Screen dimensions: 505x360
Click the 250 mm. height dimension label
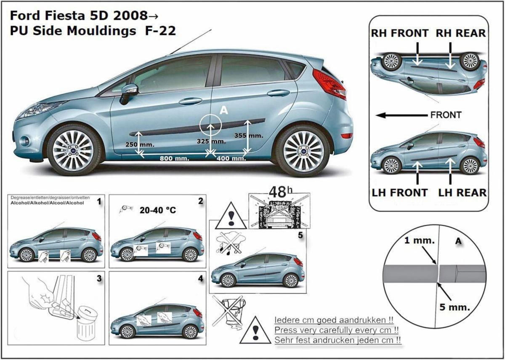[140, 144]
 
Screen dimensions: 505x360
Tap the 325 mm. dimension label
[211, 141]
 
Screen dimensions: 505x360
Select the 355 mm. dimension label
[249, 136]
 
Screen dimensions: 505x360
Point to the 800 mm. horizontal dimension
[174, 158]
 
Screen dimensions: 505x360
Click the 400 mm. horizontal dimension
[231, 158]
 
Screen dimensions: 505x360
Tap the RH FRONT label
[400, 33]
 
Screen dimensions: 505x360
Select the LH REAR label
[462, 193]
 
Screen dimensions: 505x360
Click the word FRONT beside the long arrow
[446, 115]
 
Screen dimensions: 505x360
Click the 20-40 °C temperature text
[157, 210]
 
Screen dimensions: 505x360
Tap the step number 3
[99, 279]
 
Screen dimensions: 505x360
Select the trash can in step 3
[87, 324]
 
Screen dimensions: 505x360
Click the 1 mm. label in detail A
[419, 240]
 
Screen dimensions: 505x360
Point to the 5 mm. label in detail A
[454, 307]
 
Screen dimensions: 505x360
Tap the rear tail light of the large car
[330, 84]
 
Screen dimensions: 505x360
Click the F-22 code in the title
[160, 31]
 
